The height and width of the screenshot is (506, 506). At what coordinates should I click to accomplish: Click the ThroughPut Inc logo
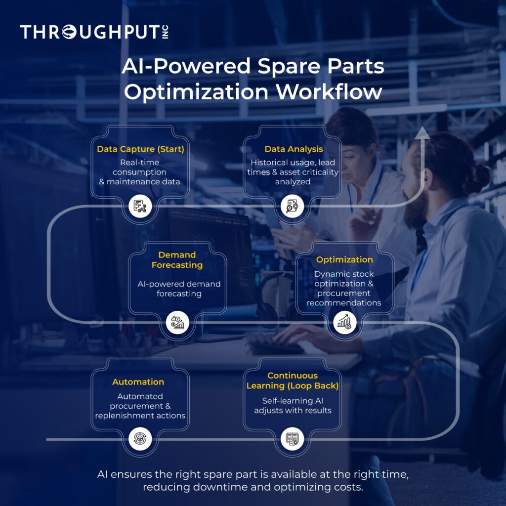coord(94,33)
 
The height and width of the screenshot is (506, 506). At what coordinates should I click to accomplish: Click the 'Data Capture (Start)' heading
coord(140,149)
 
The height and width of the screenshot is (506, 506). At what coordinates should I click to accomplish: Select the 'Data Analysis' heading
coord(294,149)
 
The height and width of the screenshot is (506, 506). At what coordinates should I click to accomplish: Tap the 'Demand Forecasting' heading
coord(177,260)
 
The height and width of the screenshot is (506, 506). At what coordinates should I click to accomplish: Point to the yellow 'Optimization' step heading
coord(344,259)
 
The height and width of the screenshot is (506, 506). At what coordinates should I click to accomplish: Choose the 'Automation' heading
coord(138,382)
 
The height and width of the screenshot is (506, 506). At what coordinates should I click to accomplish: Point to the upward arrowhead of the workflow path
coord(422,132)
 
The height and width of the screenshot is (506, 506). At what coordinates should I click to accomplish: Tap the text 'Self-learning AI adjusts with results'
coord(293,405)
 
